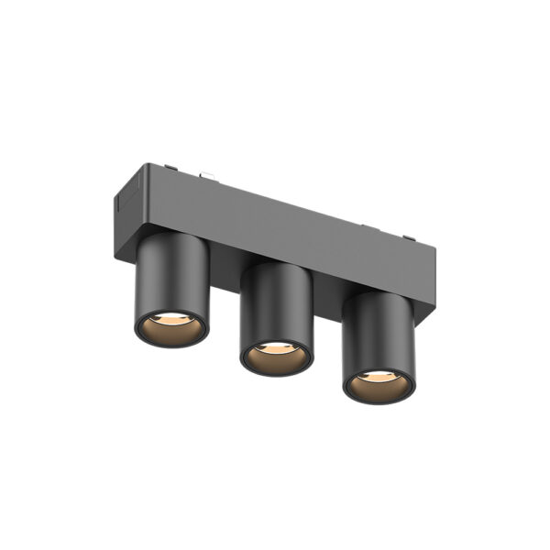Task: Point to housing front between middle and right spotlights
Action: [x=327, y=275]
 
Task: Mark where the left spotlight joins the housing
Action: [x=174, y=236]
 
